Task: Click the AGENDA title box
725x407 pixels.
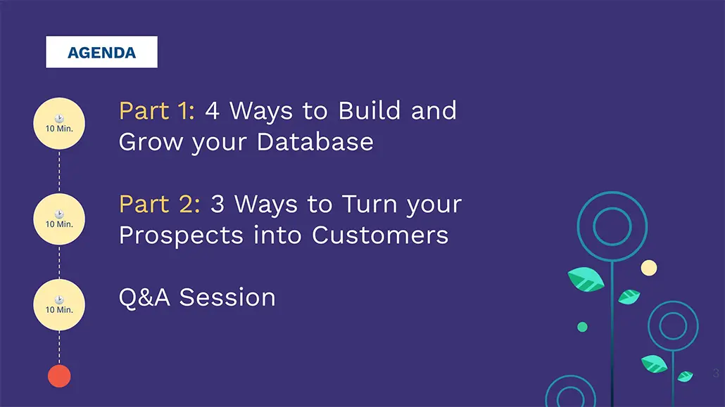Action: [101, 52]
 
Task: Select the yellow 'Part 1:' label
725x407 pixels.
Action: [157, 111]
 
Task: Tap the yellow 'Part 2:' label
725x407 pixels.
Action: [160, 204]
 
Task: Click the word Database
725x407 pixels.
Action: [315, 141]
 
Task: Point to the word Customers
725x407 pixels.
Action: [380, 235]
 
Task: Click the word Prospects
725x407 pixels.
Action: [181, 236]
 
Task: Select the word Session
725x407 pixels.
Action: [227, 297]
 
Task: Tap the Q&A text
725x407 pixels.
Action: [144, 297]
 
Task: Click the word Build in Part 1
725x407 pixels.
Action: [370, 111]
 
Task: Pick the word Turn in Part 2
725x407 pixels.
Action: [370, 204]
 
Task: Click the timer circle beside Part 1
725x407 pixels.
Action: [59, 123]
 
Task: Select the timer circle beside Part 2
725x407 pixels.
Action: [59, 219]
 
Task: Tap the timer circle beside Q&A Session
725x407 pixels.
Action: [59, 304]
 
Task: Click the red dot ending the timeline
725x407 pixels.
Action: [59, 376]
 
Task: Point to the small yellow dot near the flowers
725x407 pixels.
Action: [649, 268]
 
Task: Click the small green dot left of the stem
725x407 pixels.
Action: [583, 327]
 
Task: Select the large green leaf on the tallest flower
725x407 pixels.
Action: [586, 280]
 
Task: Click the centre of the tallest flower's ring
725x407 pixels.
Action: [612, 226]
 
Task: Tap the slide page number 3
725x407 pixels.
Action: [716, 373]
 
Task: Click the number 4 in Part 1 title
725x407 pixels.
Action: [213, 111]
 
